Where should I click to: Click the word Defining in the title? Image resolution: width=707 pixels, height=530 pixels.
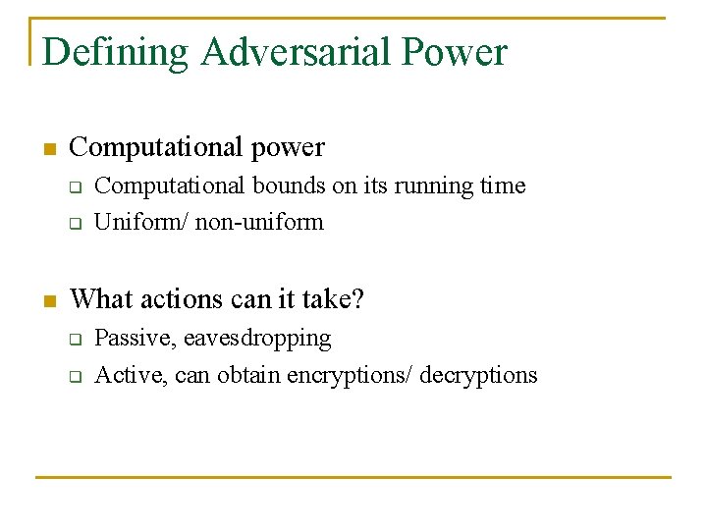tap(116, 52)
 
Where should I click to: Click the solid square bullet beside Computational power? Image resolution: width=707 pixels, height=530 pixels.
tap(49, 150)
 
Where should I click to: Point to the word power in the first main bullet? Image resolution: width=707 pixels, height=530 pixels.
tap(287, 147)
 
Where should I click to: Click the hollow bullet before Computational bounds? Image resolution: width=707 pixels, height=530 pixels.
tap(74, 187)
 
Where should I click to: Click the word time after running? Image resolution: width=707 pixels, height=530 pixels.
tap(502, 185)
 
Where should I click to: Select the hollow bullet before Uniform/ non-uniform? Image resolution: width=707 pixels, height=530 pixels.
tap(74, 224)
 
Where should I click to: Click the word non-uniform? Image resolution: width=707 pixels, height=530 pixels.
tap(259, 222)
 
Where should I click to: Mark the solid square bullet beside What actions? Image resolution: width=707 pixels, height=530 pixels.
tap(49, 300)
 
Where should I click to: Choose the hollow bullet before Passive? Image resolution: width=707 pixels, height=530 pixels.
tap(74, 340)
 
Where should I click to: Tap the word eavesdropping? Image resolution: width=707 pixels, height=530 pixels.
tap(257, 339)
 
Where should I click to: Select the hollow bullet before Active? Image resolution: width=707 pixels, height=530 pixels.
tap(74, 376)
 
